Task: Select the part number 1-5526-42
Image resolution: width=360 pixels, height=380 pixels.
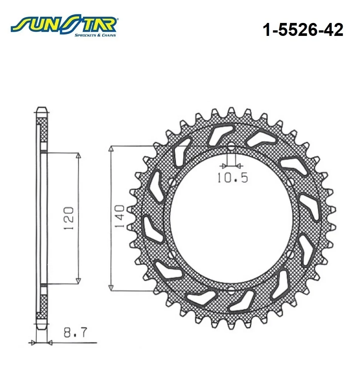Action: tap(303, 30)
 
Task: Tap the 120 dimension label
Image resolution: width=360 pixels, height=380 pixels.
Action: tap(69, 218)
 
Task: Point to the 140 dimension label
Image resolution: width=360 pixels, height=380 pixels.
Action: tap(120, 216)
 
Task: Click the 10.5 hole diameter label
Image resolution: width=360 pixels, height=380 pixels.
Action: tap(232, 178)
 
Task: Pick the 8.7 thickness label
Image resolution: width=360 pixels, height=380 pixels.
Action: tap(75, 332)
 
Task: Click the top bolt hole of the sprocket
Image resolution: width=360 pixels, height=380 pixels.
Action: tap(232, 146)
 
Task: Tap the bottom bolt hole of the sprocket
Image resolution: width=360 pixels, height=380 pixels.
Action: tap(231, 290)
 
